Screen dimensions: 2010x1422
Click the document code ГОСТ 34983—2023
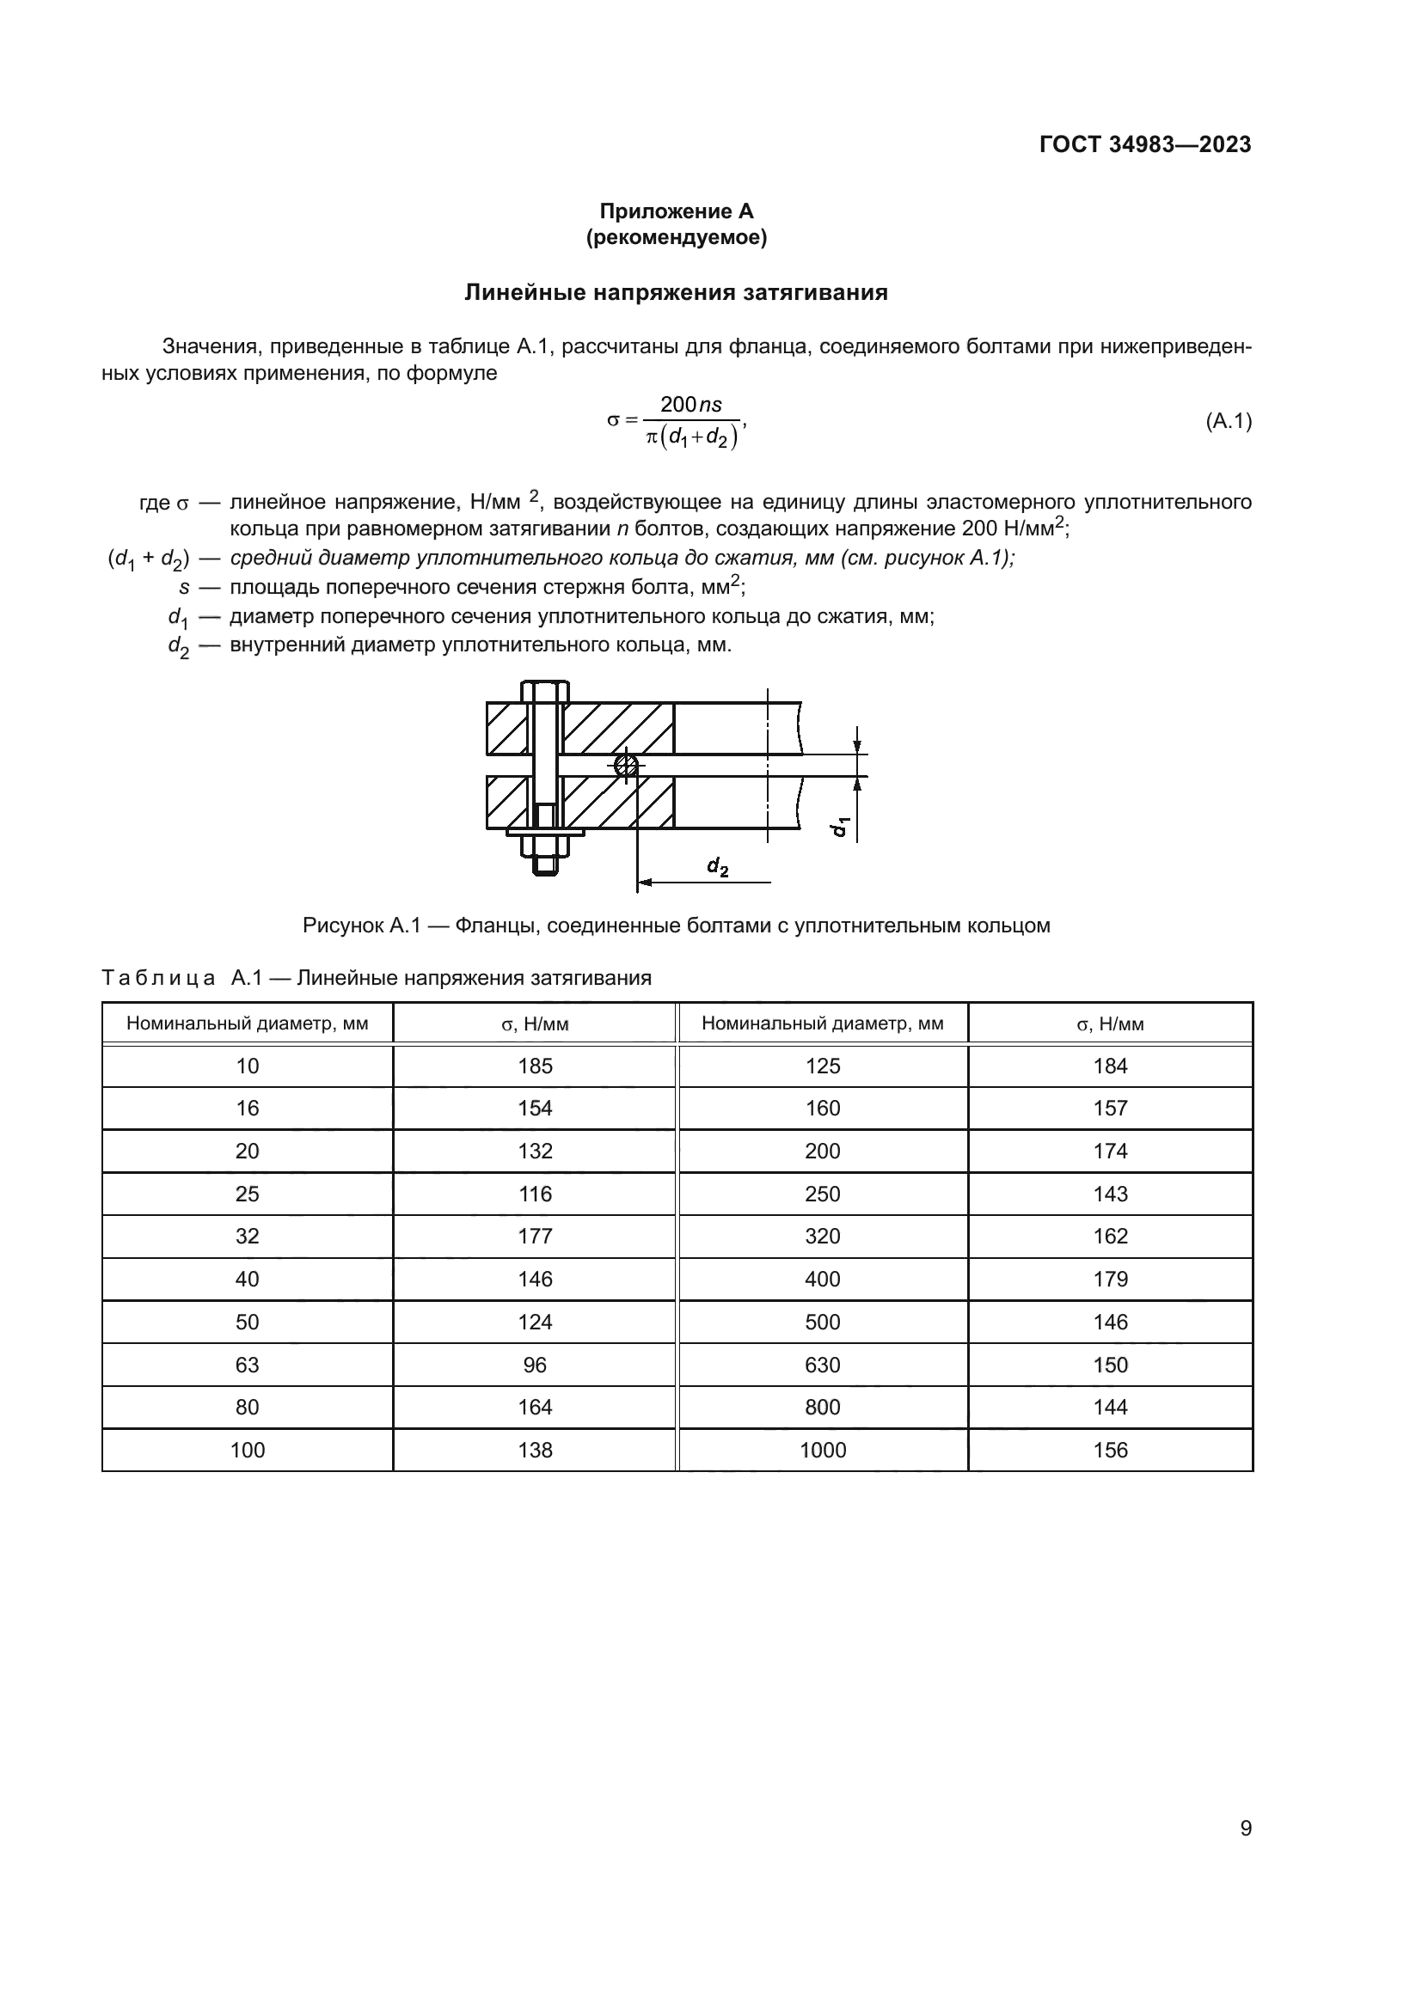(1144, 144)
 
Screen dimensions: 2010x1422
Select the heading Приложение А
(676, 211)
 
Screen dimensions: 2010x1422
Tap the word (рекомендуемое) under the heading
(676, 237)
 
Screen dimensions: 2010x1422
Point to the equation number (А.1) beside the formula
(1229, 421)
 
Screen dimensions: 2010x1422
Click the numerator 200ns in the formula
(691, 405)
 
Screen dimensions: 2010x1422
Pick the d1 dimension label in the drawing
(840, 826)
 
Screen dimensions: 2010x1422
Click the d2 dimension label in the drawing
(717, 867)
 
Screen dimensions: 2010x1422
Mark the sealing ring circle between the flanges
(625, 765)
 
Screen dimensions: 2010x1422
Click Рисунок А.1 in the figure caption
(362, 926)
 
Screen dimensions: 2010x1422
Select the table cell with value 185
(535, 1066)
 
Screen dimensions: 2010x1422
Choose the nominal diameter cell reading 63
(247, 1365)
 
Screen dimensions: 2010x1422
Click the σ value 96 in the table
(535, 1365)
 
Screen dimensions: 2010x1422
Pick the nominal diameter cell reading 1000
(822, 1450)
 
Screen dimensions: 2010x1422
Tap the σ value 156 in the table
(1109, 1450)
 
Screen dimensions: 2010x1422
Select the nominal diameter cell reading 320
(822, 1236)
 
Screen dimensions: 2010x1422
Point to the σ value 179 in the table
(1109, 1279)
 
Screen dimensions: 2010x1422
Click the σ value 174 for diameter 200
(1109, 1151)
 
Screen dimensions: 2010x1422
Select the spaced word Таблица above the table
(158, 978)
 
